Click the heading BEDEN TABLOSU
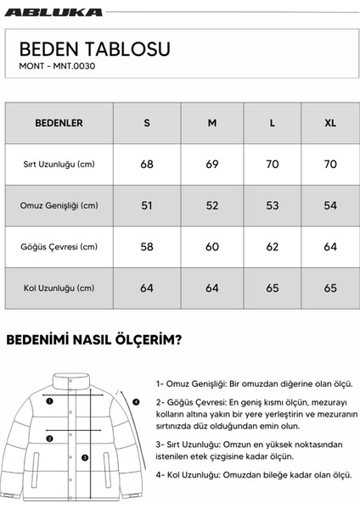pos(94,48)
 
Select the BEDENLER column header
pos(59,123)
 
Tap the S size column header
pos(147,123)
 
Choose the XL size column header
pos(330,123)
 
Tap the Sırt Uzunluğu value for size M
pos(212,164)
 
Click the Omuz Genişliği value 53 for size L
pos(272,205)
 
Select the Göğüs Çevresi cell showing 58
pos(147,247)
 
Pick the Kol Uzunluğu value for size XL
pos(330,288)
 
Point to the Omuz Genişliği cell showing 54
pos(330,205)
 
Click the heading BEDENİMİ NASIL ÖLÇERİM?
pos(98,341)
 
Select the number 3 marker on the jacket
pos(85,456)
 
